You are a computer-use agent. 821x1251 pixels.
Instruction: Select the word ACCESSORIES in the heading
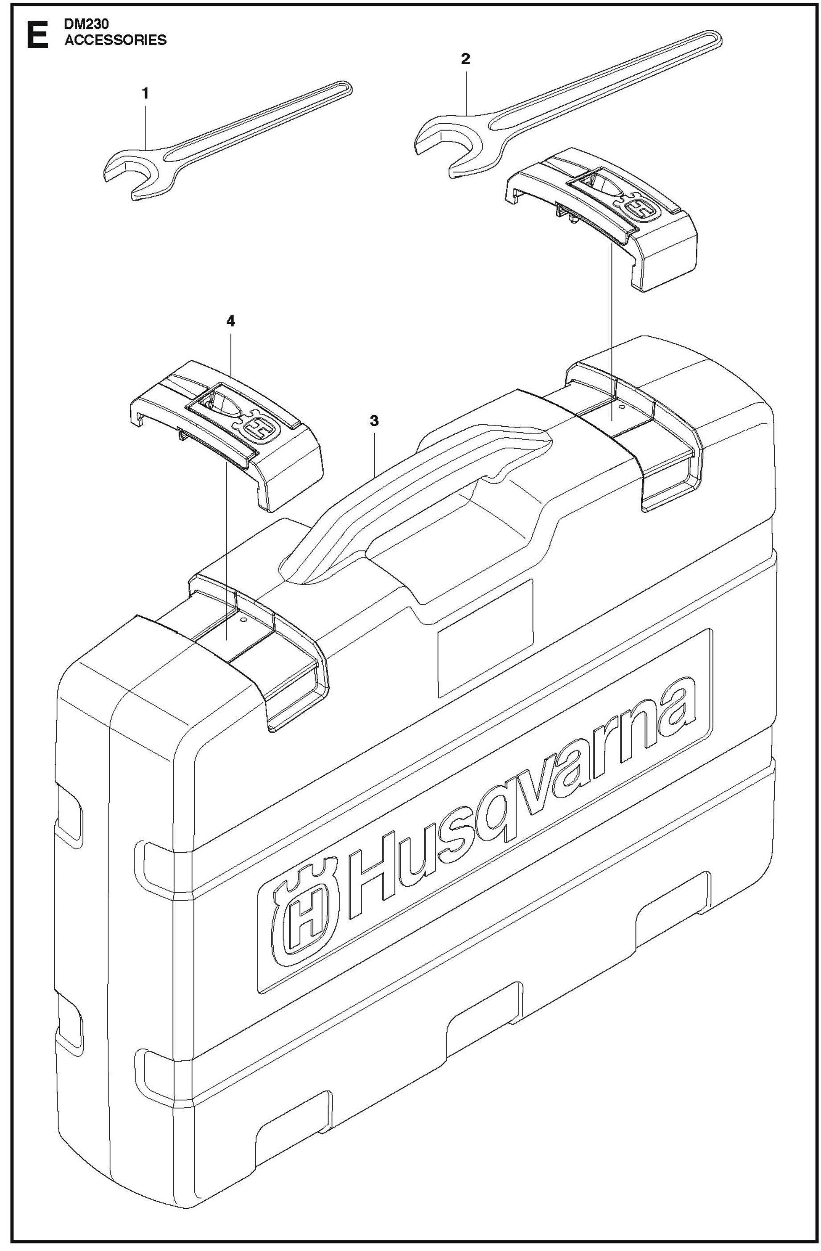(x=115, y=40)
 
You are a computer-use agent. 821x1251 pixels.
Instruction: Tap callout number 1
(x=145, y=94)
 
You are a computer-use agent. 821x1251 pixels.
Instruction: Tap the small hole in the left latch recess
(x=242, y=620)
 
